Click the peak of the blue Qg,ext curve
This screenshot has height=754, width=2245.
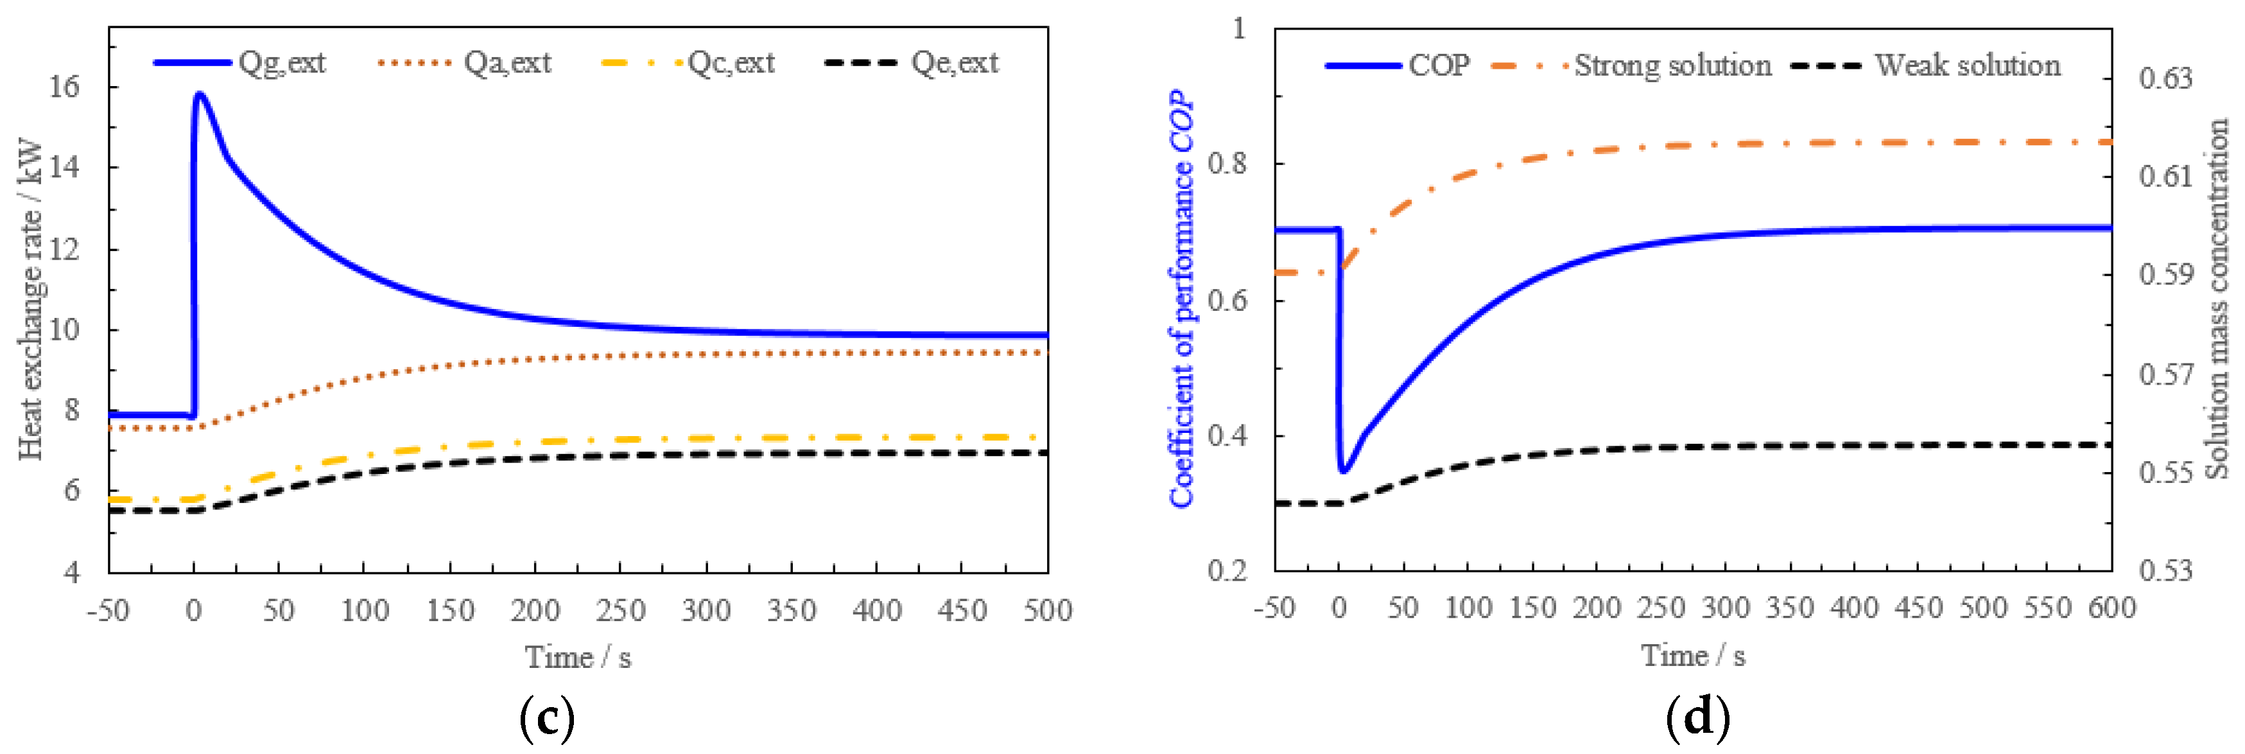[x=200, y=93]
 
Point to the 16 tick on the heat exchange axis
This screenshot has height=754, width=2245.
[x=64, y=86]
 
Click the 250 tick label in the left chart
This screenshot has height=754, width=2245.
[x=620, y=611]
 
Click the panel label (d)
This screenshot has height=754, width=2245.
[x=1697, y=718]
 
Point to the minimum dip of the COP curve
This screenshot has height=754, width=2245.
[x=1344, y=471]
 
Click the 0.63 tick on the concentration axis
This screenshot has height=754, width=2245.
[x=2165, y=78]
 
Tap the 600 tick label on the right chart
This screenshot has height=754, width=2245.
[x=2111, y=608]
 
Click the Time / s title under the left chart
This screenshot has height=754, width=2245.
[x=577, y=657]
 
